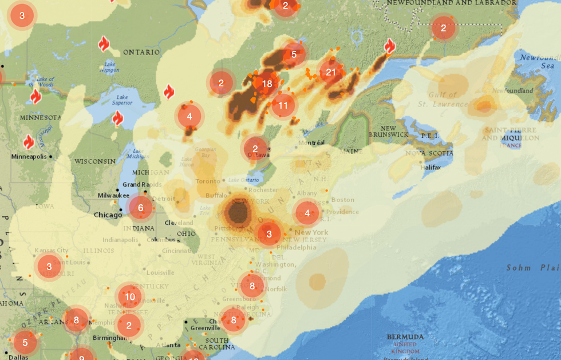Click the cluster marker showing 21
[x=331, y=72]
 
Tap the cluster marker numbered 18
[x=267, y=84]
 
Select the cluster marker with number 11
[x=283, y=105]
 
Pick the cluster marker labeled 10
[x=130, y=296]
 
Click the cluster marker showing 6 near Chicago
[x=141, y=208]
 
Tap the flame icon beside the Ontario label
[x=104, y=44]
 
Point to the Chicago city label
[x=108, y=215]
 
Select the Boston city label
[x=343, y=200]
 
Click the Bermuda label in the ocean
[x=405, y=337]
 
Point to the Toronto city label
[x=208, y=181]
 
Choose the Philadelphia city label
[x=297, y=248]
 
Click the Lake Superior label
[x=121, y=100]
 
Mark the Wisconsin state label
[x=94, y=161]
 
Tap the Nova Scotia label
[x=429, y=153]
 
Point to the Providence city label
[x=343, y=212]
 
